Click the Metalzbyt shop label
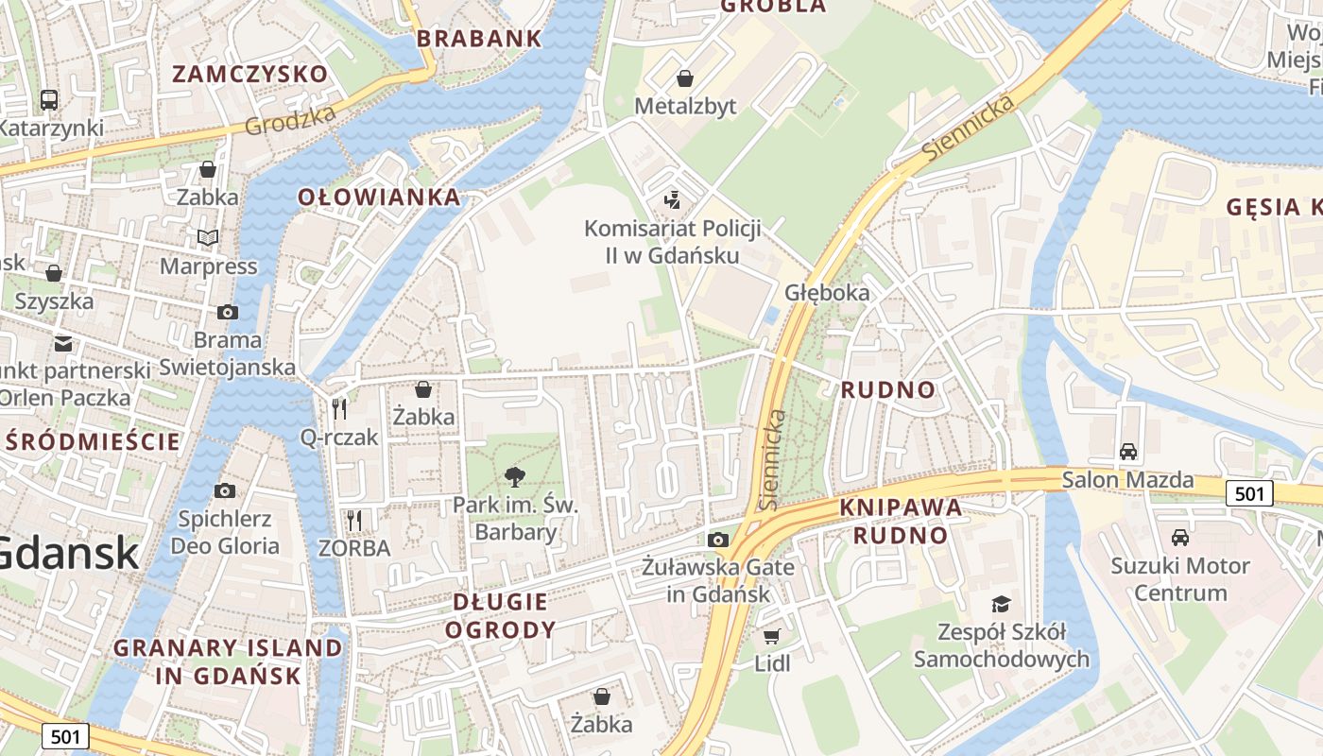click(x=685, y=106)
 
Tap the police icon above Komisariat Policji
click(x=672, y=199)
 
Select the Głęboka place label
click(x=826, y=293)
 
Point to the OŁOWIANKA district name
click(x=379, y=197)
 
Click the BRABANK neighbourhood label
click(x=479, y=39)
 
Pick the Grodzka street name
click(x=290, y=120)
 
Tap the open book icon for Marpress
click(x=208, y=237)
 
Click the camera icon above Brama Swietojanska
click(x=227, y=312)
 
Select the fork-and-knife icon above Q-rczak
click(x=339, y=408)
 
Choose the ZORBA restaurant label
click(x=354, y=548)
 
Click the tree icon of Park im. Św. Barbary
click(x=515, y=476)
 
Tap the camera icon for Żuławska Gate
click(x=718, y=540)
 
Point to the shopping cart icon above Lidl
click(x=772, y=636)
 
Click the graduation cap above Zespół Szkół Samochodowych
click(x=1001, y=603)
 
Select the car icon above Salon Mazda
click(x=1128, y=451)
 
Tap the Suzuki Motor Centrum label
click(x=1179, y=579)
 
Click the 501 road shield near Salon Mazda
click(x=1248, y=493)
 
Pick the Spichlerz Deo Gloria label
click(x=225, y=532)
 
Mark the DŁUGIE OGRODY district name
click(x=500, y=615)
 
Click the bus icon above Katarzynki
click(x=48, y=99)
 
